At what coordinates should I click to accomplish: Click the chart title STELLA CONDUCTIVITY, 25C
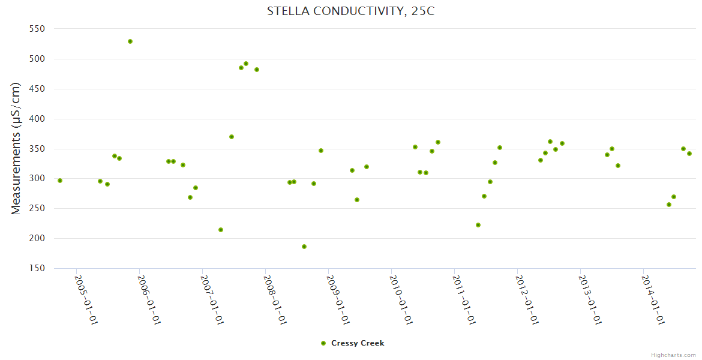350,11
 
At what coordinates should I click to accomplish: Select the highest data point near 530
130,41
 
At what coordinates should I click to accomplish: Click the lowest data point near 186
304,247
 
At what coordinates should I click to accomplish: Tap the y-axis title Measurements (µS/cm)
16,148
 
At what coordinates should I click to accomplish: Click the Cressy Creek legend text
358,343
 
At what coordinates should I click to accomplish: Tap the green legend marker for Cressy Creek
323,343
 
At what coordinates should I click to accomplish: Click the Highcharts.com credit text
673,355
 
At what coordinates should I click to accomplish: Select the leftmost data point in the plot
60,181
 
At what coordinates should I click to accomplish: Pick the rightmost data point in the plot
689,154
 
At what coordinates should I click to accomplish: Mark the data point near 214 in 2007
221,230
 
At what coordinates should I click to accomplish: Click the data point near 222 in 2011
478,225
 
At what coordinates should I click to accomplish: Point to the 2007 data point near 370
232,137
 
